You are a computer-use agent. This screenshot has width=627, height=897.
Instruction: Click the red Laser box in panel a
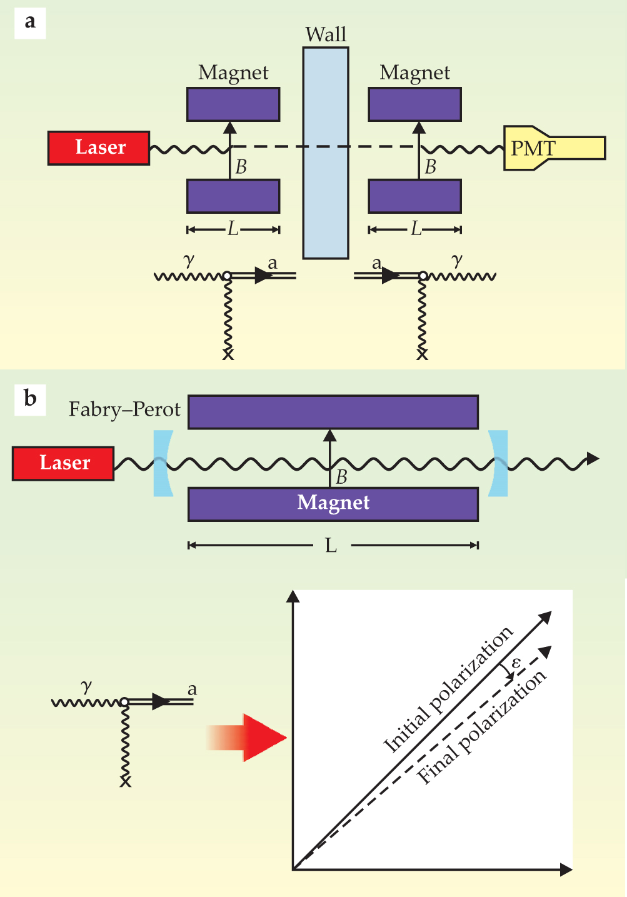(x=99, y=148)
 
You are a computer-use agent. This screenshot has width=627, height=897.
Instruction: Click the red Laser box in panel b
(x=63, y=463)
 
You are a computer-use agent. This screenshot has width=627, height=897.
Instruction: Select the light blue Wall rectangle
(x=326, y=153)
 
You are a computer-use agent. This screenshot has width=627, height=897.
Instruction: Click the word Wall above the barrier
(x=326, y=34)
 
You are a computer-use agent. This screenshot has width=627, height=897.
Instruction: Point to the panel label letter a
(x=30, y=23)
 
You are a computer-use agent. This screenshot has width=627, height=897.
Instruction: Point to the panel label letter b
(x=30, y=398)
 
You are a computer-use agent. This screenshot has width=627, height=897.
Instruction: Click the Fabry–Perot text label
(x=124, y=409)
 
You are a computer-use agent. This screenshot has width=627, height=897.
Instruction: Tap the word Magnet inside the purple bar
(x=333, y=503)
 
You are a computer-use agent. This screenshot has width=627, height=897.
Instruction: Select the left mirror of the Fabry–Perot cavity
(x=163, y=463)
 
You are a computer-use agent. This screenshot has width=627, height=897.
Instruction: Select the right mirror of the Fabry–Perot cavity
(x=498, y=463)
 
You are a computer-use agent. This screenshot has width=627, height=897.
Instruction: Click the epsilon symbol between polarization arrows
(x=516, y=663)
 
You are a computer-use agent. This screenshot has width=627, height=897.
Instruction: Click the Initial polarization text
(x=448, y=689)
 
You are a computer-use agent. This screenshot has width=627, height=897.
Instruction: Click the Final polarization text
(x=481, y=727)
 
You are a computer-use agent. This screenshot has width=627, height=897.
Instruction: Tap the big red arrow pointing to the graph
(x=250, y=738)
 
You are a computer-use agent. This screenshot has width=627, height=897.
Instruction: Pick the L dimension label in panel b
(x=331, y=546)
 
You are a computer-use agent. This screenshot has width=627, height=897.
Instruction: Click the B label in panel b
(x=341, y=478)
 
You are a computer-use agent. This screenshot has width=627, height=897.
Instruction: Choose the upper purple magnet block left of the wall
(x=233, y=104)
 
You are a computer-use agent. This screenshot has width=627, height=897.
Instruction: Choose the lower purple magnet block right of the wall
(x=415, y=196)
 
